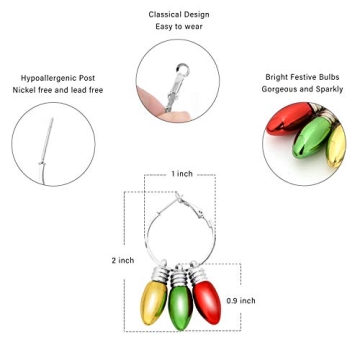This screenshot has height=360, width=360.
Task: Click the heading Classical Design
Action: [179, 15]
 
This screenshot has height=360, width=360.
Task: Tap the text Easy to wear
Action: [179, 27]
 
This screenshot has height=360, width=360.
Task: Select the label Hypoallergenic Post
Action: [58, 78]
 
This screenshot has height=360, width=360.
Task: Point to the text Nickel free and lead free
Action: [58, 90]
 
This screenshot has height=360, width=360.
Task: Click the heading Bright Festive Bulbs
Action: [302, 77]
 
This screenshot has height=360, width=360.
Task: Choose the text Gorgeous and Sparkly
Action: [302, 89]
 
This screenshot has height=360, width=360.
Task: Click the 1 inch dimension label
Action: [182, 174]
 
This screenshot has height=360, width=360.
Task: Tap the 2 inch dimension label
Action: [122, 260]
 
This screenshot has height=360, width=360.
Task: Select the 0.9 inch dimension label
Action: [240, 300]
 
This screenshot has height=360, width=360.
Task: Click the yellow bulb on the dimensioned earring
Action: [153, 301]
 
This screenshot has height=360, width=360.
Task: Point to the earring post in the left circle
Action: [47, 140]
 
